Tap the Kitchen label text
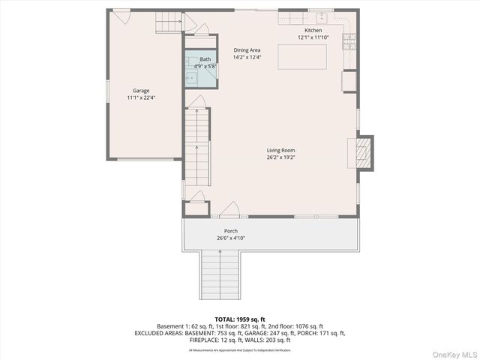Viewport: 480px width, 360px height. (313, 30)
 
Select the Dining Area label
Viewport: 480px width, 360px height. (247, 50)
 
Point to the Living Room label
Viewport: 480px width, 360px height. (281, 150)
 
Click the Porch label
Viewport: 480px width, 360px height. (231, 230)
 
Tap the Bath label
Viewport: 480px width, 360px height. (205, 58)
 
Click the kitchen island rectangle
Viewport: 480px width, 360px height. (301, 57)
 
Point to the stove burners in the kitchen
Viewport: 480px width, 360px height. (349, 41)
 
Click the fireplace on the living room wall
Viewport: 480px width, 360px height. (363, 152)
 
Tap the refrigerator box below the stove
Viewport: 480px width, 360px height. (349, 80)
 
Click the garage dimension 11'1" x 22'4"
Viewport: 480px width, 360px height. (141, 97)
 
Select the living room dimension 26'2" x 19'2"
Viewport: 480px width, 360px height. (281, 157)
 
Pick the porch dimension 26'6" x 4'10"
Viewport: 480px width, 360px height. (231, 238)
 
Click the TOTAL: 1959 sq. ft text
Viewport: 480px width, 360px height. (239, 318)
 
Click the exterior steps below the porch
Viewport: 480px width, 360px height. (220, 274)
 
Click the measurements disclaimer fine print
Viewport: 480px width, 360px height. (239, 349)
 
